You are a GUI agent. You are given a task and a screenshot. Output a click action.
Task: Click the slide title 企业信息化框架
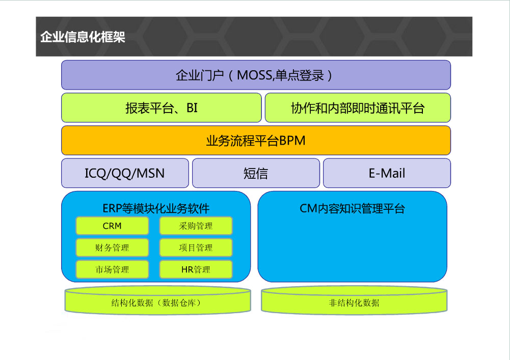tap(83, 37)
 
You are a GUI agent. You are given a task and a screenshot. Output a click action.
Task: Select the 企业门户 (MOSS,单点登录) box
tap(256, 75)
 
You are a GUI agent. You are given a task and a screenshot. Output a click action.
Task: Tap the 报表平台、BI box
tap(162, 107)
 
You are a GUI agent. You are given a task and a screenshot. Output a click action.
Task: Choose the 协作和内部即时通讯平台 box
tap(358, 107)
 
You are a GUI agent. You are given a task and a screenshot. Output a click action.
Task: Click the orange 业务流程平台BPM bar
tap(256, 141)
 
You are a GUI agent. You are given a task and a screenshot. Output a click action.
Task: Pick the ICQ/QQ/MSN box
tap(125, 173)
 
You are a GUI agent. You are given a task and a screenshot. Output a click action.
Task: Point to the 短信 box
tap(256, 173)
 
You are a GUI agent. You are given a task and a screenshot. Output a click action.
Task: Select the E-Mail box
tap(387, 173)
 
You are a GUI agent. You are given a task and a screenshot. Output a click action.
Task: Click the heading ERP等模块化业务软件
tap(156, 208)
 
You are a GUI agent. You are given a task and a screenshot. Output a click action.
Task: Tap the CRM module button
tap(112, 226)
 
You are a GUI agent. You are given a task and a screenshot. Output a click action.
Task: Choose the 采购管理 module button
tap(196, 226)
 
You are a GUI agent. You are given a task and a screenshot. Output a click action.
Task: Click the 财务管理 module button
tap(112, 247)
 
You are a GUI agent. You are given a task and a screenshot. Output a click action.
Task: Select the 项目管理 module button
tap(196, 247)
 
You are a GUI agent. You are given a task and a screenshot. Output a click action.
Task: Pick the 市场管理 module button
tap(112, 269)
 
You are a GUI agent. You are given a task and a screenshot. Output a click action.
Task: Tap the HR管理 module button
tap(196, 269)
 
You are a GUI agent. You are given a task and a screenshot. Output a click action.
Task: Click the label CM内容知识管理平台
tap(352, 208)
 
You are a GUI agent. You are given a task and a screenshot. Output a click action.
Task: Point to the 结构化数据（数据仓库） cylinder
tap(158, 300)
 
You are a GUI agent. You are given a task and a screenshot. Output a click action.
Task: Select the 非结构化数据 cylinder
tap(354, 300)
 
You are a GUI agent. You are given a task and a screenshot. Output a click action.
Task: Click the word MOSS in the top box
tap(254, 75)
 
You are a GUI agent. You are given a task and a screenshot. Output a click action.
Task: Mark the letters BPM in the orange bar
tap(292, 141)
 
